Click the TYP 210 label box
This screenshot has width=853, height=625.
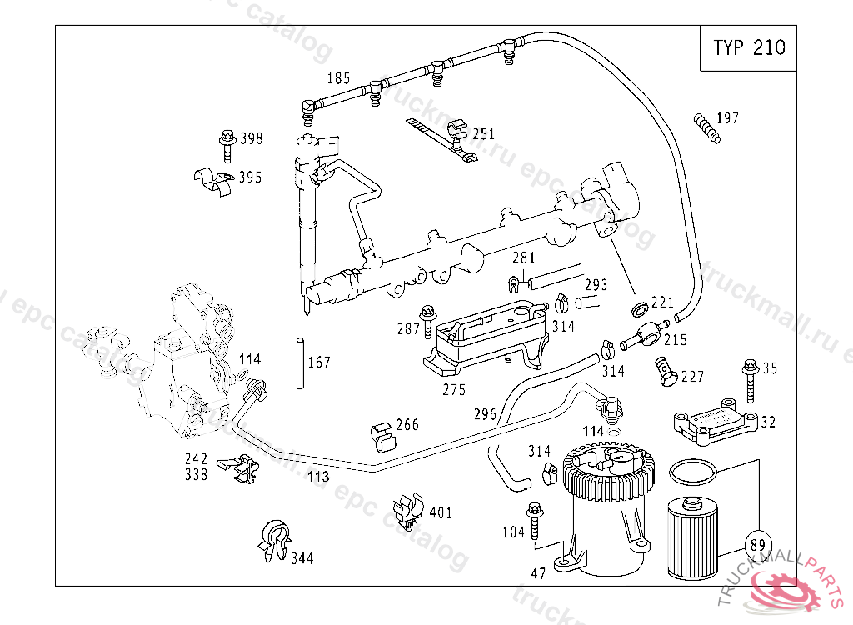tap(748, 47)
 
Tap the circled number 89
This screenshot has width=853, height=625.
tap(758, 545)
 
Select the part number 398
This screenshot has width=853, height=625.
tap(252, 138)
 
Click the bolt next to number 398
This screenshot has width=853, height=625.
tap(227, 146)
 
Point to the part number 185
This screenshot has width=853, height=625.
tap(338, 78)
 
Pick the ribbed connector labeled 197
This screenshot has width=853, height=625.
tap(706, 128)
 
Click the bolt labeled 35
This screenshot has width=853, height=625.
tap(751, 380)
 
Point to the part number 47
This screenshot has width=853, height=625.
tap(538, 574)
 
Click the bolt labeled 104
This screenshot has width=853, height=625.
tap(534, 522)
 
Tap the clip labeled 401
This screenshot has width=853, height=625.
tap(408, 512)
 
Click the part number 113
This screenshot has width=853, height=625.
tap(318, 477)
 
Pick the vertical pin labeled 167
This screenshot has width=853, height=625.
tap(300, 363)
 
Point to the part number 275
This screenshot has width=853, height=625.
tap(454, 390)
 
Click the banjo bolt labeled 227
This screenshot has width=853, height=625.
tap(666, 372)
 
